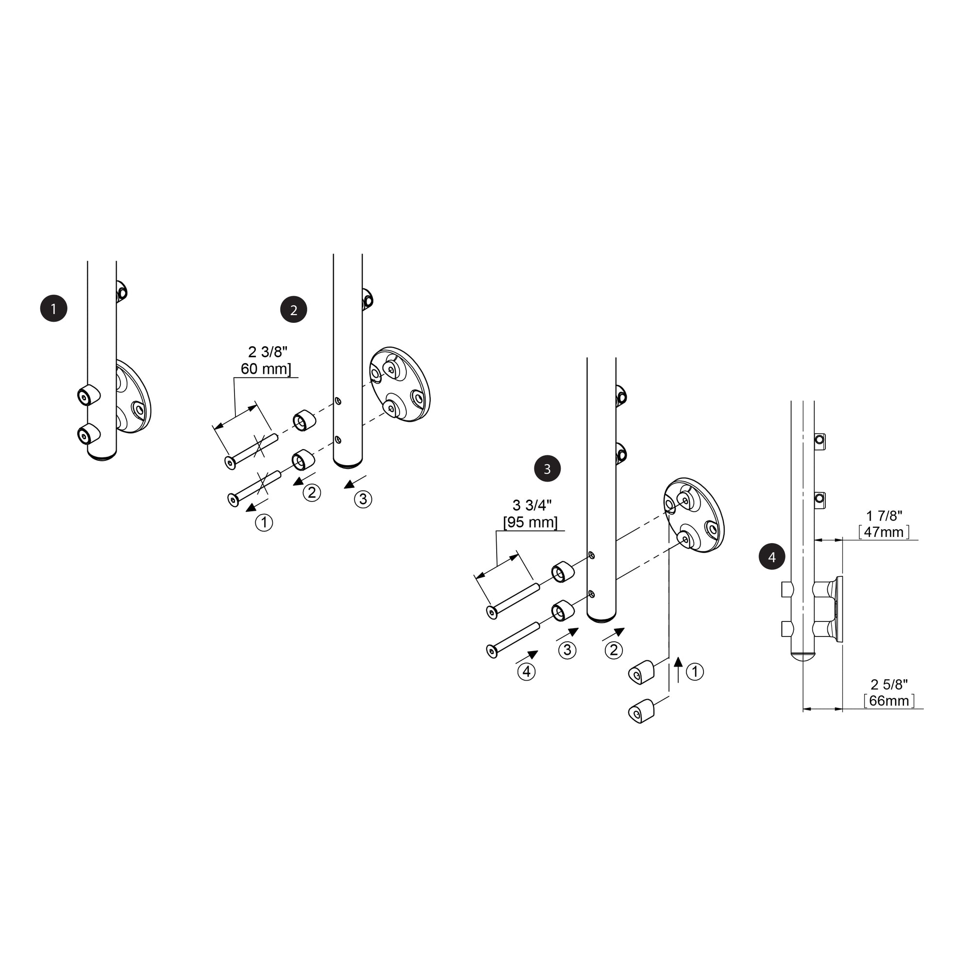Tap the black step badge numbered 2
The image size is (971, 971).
point(294,310)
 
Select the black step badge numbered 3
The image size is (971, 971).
point(547,469)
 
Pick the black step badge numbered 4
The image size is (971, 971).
point(772,557)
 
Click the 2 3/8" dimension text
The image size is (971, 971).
point(268,352)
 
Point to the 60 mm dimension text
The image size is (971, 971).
point(266,369)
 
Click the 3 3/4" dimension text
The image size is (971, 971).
point(532,505)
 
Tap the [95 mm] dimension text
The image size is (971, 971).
point(530,522)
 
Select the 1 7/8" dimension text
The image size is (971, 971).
point(884,516)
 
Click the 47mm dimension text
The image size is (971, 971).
point(884,532)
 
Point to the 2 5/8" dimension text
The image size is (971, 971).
point(889,685)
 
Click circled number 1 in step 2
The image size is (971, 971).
point(264,523)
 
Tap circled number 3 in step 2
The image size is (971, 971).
point(363,499)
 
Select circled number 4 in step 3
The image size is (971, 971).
point(526,672)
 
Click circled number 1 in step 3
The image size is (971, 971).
point(695,671)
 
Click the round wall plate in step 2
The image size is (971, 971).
point(401,384)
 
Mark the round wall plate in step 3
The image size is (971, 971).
point(694,515)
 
